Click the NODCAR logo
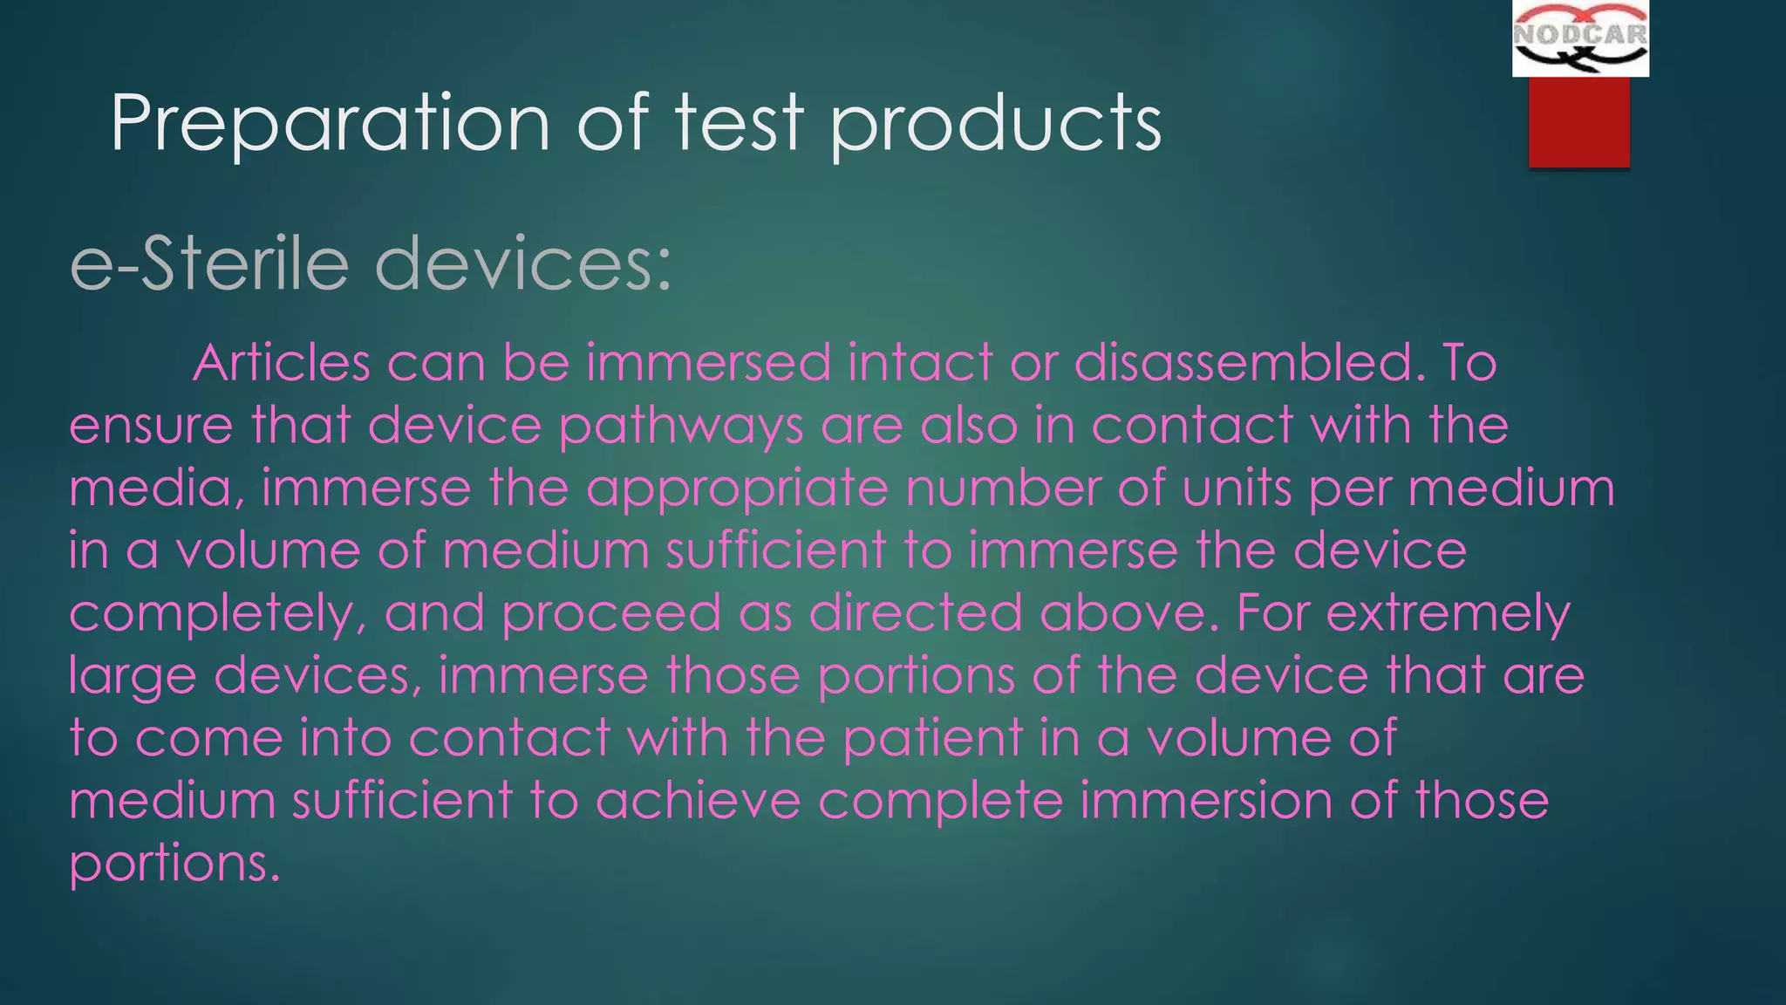(1580, 38)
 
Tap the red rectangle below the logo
(1578, 121)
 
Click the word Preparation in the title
(330, 124)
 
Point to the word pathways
(681, 427)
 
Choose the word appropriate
(737, 489)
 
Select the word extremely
(1448, 614)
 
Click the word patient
(931, 739)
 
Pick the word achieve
(698, 801)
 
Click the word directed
(915, 612)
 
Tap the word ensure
(151, 427)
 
